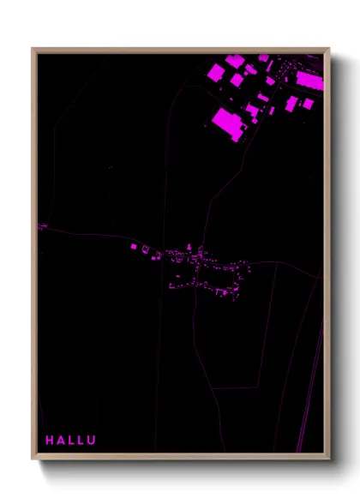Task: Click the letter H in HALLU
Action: pos(49,441)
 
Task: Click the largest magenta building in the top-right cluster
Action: pos(227,123)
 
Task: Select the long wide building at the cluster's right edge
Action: pos(309,81)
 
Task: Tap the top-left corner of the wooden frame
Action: pos(33,50)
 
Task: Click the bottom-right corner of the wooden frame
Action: pos(328,458)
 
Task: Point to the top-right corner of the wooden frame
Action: pos(328,50)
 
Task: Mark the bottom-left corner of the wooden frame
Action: pos(33,458)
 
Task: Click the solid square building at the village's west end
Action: pos(134,247)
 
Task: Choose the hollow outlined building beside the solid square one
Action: pos(146,250)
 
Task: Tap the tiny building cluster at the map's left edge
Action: pos(41,226)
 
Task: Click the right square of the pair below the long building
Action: pos(308,104)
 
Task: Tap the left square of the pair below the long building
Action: pos(292,104)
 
